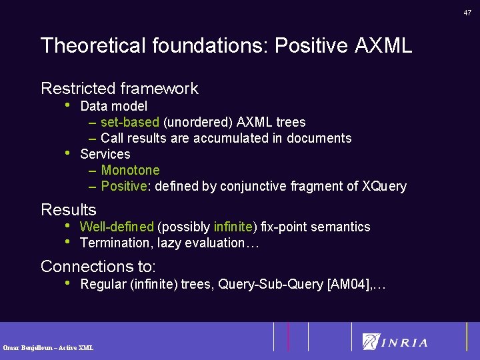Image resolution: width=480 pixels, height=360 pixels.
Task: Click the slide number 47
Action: pyautogui.click(x=467, y=12)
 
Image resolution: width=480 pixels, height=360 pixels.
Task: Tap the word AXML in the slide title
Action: pyautogui.click(x=383, y=46)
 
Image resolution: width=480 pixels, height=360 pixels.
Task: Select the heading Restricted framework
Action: pyautogui.click(x=119, y=89)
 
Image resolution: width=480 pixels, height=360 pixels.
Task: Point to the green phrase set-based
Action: pyautogui.click(x=130, y=122)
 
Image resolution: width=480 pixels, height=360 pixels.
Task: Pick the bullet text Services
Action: pyautogui.click(x=105, y=154)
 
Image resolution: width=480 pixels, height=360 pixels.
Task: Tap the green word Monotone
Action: pyautogui.click(x=131, y=170)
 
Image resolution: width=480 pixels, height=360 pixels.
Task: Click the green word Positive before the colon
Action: pyautogui.click(x=123, y=186)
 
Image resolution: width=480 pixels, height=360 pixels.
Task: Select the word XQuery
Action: pyautogui.click(x=384, y=186)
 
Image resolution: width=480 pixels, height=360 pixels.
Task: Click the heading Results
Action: pyautogui.click(x=69, y=210)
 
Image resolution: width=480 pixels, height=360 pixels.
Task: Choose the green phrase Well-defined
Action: pyautogui.click(x=117, y=227)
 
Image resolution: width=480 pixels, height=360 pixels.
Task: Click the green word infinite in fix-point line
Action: pyautogui.click(x=233, y=227)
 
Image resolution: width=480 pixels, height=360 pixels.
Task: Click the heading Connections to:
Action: pyautogui.click(x=98, y=267)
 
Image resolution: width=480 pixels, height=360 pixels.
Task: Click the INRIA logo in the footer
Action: pyautogui.click(x=395, y=342)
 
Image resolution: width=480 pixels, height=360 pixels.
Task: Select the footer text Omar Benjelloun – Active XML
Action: pyautogui.click(x=48, y=347)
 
